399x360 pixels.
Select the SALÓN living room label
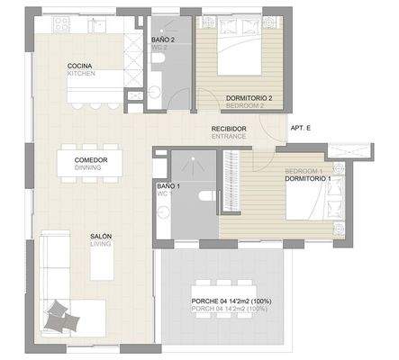click(x=100, y=239)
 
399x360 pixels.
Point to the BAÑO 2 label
click(x=163, y=41)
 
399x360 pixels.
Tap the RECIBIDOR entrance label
click(x=229, y=131)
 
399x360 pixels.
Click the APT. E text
click(x=301, y=129)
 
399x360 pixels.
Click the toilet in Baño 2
click(x=159, y=59)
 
